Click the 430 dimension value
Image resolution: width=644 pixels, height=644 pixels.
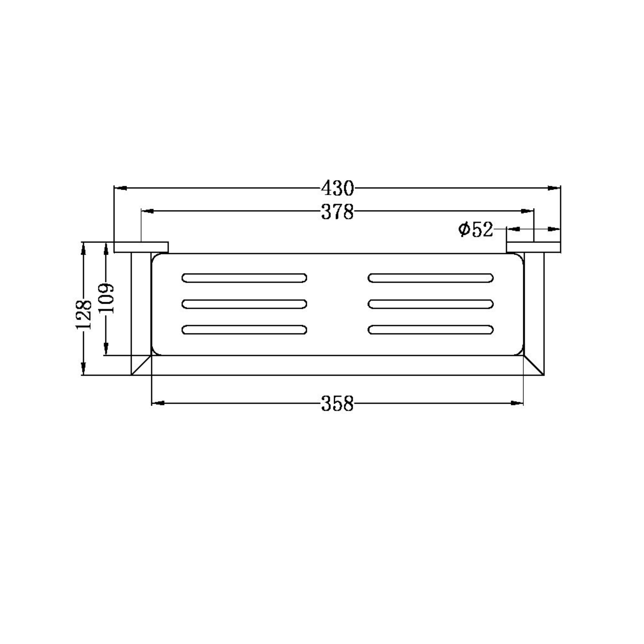coord(337,188)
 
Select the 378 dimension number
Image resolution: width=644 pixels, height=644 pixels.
coord(337,212)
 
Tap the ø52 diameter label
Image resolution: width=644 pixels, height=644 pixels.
coord(475,230)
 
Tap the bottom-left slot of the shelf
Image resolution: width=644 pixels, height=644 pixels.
coord(244,330)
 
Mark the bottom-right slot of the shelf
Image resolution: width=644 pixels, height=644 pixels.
coord(431,330)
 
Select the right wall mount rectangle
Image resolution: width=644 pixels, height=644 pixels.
coord(533,247)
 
